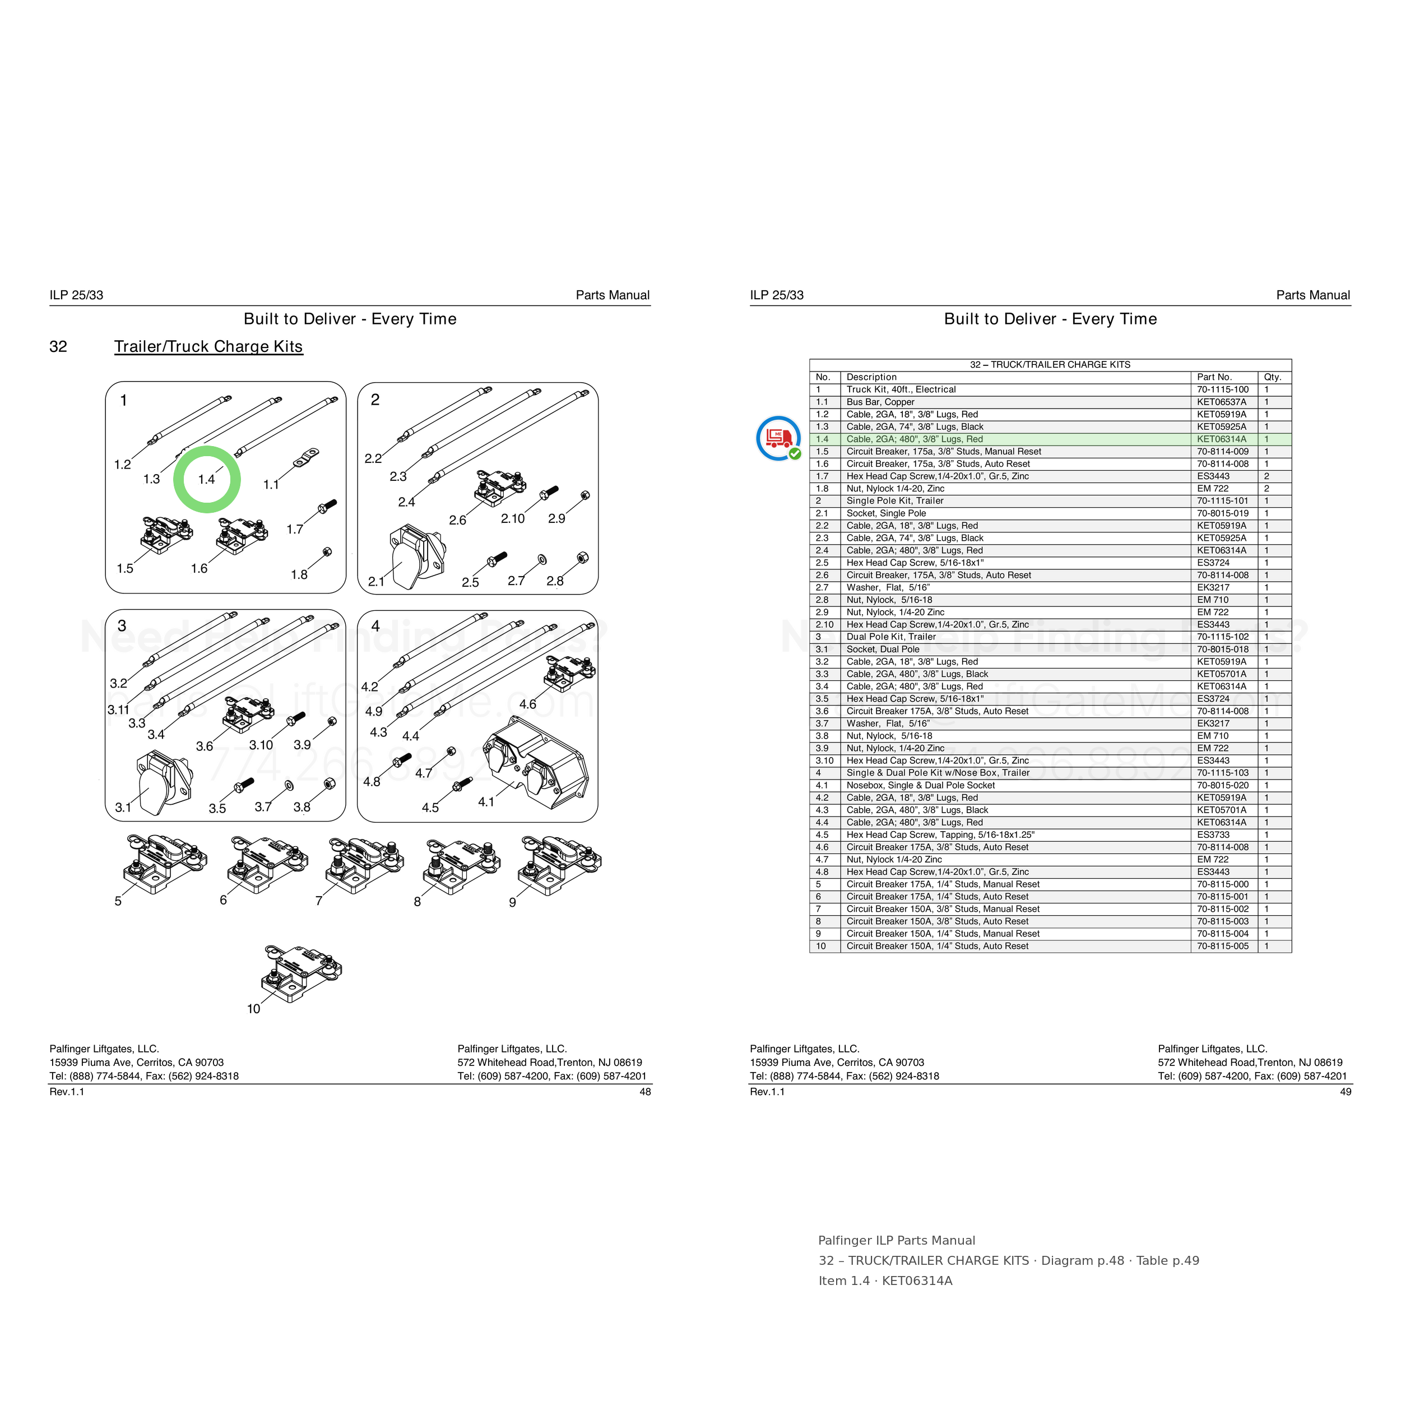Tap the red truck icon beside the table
tap(778, 438)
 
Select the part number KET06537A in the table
tap(1222, 402)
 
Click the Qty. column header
tap(1273, 377)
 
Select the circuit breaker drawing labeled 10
tap(301, 973)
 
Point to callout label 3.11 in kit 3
tap(118, 710)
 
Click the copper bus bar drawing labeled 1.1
tap(306, 458)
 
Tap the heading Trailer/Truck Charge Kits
tap(208, 347)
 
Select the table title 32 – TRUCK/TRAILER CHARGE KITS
tap(1050, 365)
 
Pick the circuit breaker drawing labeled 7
tap(365, 865)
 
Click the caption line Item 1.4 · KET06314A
tap(885, 1281)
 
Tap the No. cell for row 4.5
tap(822, 834)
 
